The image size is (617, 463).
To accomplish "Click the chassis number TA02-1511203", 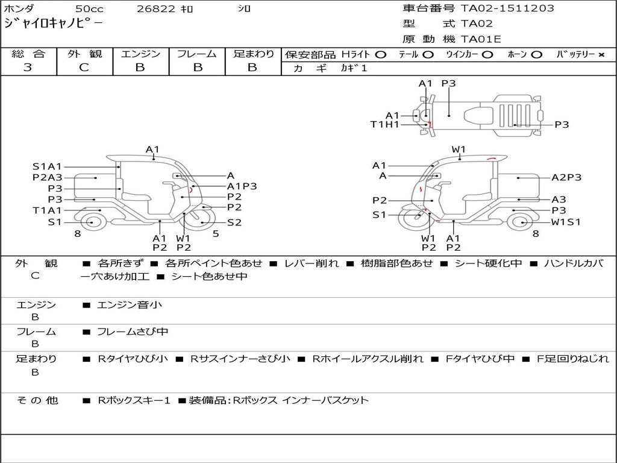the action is click(507, 8).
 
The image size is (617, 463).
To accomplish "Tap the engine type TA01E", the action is click(481, 39).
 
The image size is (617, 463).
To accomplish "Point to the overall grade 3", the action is click(28, 68).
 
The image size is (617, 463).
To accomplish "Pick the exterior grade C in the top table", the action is click(84, 68).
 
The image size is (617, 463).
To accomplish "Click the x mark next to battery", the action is click(601, 55).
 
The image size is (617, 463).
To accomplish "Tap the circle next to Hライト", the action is click(380, 55).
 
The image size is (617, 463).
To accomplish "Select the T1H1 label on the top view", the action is click(385, 125).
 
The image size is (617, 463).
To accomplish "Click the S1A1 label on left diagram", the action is click(47, 166).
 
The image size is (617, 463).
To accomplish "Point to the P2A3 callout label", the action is click(47, 178).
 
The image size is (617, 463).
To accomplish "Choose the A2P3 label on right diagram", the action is click(566, 178).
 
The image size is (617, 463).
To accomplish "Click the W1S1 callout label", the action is click(566, 222).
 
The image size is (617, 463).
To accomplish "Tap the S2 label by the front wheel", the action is click(234, 222).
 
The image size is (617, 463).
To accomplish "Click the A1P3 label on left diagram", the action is click(242, 186).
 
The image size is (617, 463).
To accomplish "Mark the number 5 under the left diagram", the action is click(216, 234).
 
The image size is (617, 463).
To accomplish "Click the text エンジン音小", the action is click(130, 304).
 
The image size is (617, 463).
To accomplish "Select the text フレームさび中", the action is click(133, 332).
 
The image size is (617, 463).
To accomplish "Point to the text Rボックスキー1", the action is click(134, 400).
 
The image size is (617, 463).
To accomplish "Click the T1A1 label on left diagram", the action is click(47, 210).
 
